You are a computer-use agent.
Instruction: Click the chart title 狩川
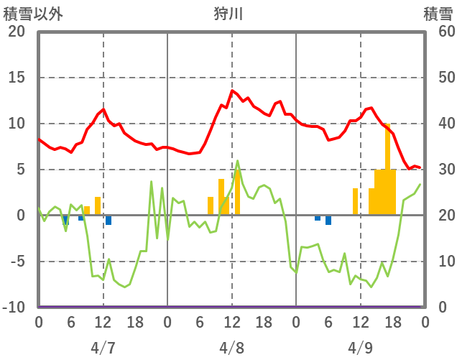pyautogui.click(x=228, y=14)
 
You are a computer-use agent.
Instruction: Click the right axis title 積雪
pyautogui.click(x=438, y=14)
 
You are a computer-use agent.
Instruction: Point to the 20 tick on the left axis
pyautogui.click(x=16, y=32)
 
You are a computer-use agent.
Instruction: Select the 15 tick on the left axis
pyautogui.click(x=16, y=78)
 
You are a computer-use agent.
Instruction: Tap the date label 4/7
pyautogui.click(x=103, y=348)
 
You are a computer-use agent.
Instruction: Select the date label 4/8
pyautogui.click(x=231, y=348)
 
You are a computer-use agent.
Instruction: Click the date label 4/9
pyautogui.click(x=360, y=348)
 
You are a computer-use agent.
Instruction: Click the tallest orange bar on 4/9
pyautogui.click(x=387, y=170)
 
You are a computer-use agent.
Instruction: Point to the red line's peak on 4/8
pyautogui.click(x=231, y=91)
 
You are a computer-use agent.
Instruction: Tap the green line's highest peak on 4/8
pyautogui.click(x=238, y=161)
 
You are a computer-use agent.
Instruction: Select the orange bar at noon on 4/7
pyautogui.click(x=98, y=206)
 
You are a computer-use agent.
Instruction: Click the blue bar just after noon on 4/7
pyautogui.click(x=109, y=220)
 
